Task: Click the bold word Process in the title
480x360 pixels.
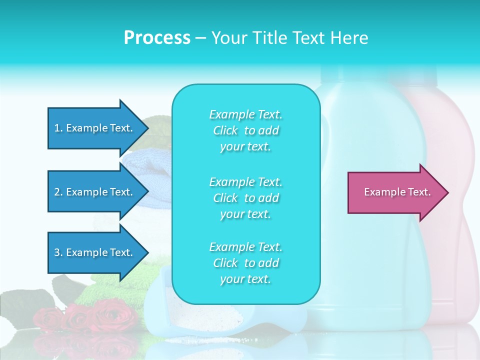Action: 157,38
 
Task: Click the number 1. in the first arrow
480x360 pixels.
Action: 58,128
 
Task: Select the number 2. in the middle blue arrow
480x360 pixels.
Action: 58,192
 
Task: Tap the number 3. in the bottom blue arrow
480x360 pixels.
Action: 58,253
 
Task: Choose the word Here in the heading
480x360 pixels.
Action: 349,38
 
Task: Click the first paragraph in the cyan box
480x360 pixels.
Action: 245,130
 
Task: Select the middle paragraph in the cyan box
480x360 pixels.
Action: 245,198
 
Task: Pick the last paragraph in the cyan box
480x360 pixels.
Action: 245,263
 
